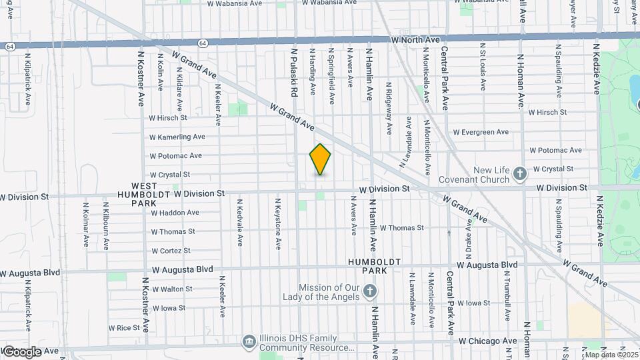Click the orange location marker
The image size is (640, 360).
[320, 159]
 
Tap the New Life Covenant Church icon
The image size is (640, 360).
[521, 175]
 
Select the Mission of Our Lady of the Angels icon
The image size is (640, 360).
[371, 291]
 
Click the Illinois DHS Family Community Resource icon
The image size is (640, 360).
[249, 342]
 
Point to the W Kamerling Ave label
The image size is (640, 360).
[177, 137]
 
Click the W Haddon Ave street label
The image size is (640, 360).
[175, 213]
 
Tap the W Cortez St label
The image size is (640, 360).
[171, 251]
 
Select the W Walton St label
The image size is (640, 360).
[172, 289]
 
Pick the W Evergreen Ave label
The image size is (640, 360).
[480, 131]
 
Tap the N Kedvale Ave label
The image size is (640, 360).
[239, 224]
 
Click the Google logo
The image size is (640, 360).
[22, 351]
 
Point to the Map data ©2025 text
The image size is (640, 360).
[611, 354]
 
